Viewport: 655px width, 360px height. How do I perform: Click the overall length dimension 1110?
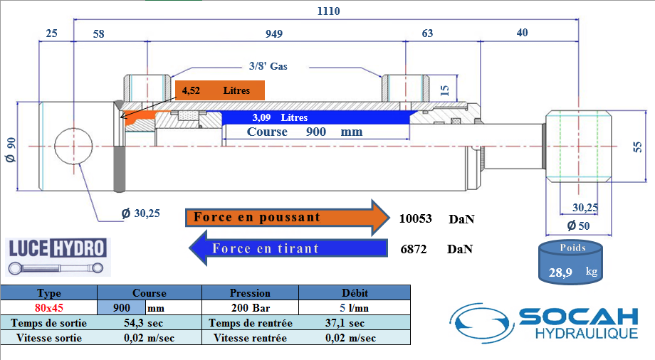328,11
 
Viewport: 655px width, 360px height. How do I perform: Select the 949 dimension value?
273,33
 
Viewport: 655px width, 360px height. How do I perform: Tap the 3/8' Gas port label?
268,65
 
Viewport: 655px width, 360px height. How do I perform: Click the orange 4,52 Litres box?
220,90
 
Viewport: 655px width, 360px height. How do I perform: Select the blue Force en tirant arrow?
285,248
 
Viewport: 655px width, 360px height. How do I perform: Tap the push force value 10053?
416,218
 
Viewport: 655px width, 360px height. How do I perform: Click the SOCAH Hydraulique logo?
548,324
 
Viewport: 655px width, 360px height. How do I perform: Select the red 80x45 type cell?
49,308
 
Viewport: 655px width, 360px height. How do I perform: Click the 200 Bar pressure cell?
250,308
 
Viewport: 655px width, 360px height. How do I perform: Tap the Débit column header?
354,292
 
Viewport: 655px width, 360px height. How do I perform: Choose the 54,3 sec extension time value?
148,323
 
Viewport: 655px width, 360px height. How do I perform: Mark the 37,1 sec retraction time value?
341,323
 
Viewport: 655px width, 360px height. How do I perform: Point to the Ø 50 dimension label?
579,226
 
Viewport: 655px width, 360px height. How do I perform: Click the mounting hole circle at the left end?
73,145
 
